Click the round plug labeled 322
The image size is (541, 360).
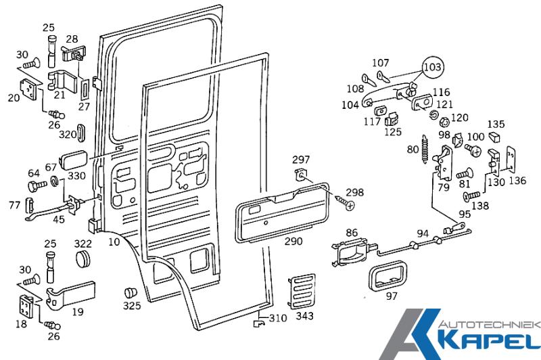pos(84,259)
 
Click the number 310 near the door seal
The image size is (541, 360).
pos(278,318)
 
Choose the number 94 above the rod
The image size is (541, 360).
pos(423,233)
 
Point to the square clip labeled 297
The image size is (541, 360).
pos(302,176)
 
